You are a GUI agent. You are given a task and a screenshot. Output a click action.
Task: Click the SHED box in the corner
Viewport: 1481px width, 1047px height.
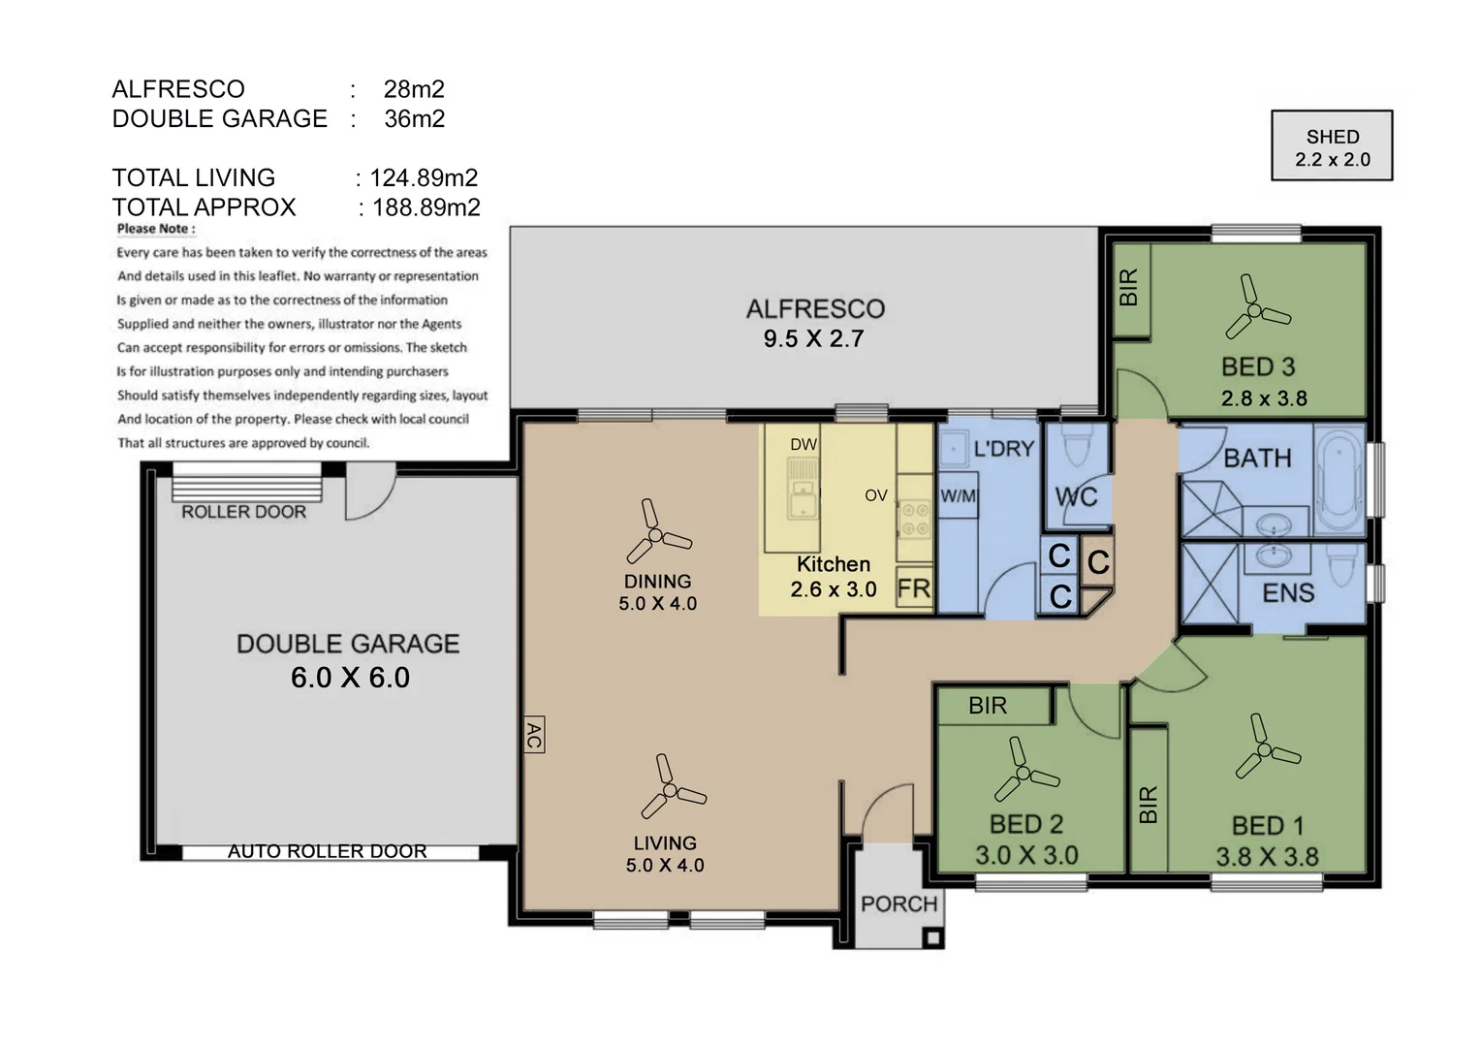click(x=1332, y=145)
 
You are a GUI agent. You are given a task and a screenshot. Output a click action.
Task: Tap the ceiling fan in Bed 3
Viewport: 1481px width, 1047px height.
click(x=1254, y=309)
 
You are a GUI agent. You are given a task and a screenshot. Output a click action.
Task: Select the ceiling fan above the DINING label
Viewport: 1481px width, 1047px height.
click(x=655, y=534)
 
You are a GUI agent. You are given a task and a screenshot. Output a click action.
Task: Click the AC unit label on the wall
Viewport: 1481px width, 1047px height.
click(x=533, y=735)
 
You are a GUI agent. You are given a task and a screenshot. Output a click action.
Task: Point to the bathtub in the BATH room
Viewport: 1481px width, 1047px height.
click(x=1339, y=481)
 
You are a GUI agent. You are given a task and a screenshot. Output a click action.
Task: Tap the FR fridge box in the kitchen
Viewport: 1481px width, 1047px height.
click(x=914, y=588)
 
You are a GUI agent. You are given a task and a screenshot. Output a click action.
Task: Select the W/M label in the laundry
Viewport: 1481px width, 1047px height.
click(x=958, y=495)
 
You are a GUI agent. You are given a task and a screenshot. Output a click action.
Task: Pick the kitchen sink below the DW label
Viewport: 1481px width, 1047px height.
click(x=803, y=490)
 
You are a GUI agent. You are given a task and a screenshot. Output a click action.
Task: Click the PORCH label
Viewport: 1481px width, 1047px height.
click(x=899, y=904)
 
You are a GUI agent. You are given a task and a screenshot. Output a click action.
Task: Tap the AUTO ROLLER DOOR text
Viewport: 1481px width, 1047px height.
click(x=328, y=851)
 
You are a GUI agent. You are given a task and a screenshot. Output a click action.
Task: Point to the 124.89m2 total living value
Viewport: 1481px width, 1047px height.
click(x=424, y=177)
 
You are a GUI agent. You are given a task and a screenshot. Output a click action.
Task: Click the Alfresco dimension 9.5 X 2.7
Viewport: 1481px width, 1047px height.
click(x=814, y=338)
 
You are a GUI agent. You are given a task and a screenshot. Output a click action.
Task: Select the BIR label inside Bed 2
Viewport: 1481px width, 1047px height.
click(x=988, y=706)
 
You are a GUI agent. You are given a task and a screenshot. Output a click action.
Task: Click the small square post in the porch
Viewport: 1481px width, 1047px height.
click(x=933, y=937)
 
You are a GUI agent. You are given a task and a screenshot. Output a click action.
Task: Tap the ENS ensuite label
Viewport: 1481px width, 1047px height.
click(x=1288, y=592)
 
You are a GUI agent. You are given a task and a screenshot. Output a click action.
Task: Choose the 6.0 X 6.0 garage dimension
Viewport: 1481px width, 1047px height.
click(x=351, y=678)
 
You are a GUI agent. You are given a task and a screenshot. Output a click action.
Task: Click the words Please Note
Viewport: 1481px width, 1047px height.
click(x=156, y=229)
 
